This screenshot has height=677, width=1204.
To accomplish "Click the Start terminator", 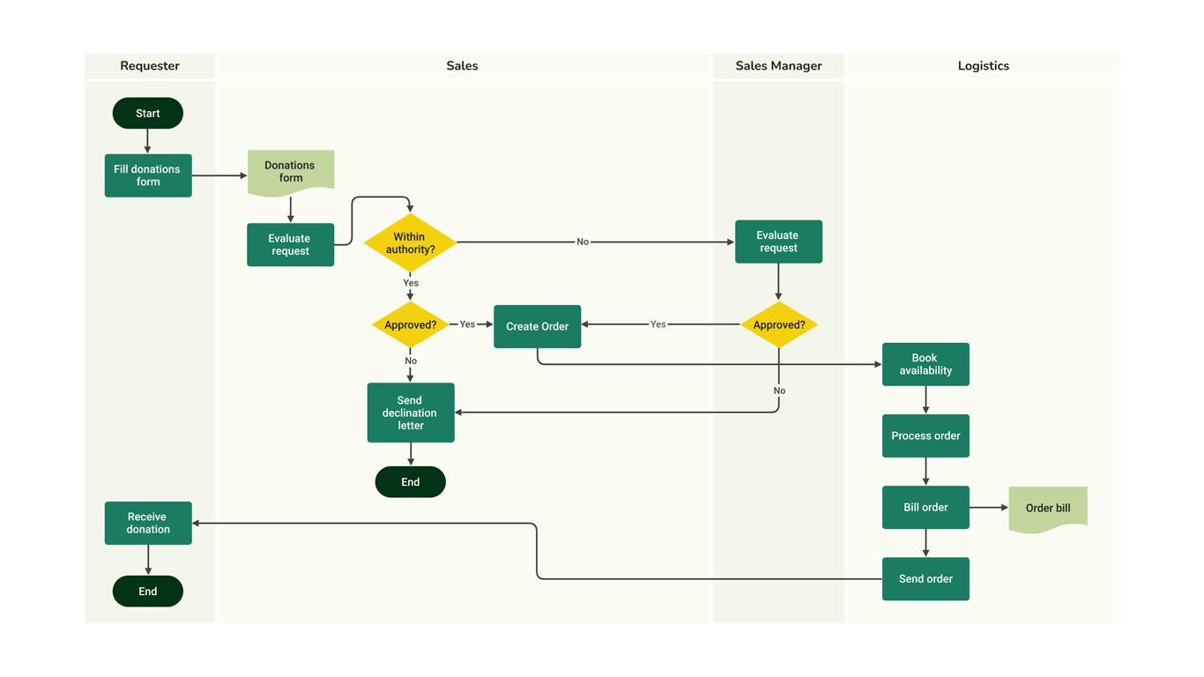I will (148, 113).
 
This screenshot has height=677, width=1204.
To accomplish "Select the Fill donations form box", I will (148, 175).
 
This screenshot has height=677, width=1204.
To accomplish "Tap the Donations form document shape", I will (291, 171).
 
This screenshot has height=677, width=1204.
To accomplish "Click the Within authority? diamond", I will (410, 242).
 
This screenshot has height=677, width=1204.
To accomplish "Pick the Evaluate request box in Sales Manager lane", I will (778, 242).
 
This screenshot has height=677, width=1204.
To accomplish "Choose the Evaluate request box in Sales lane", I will (290, 244).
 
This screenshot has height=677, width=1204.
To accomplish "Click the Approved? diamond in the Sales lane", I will (410, 324).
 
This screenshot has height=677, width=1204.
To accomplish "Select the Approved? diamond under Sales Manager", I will (778, 324).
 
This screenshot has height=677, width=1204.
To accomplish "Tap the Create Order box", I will (537, 326).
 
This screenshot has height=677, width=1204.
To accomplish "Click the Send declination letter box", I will (411, 413).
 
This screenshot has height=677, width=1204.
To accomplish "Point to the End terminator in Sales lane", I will (411, 482).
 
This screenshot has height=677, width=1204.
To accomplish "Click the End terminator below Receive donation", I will (148, 591).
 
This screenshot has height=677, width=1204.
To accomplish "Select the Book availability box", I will (925, 364).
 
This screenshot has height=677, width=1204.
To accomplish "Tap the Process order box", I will (925, 435).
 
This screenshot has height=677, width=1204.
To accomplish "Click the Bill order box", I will (925, 507).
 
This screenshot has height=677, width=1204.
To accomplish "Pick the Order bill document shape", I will (1048, 508).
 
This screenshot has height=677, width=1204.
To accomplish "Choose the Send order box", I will (925, 578).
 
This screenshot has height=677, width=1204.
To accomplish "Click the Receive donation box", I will (148, 523).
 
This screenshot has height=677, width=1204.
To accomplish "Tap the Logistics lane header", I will (983, 66).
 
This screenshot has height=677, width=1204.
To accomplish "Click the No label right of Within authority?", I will (583, 242).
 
